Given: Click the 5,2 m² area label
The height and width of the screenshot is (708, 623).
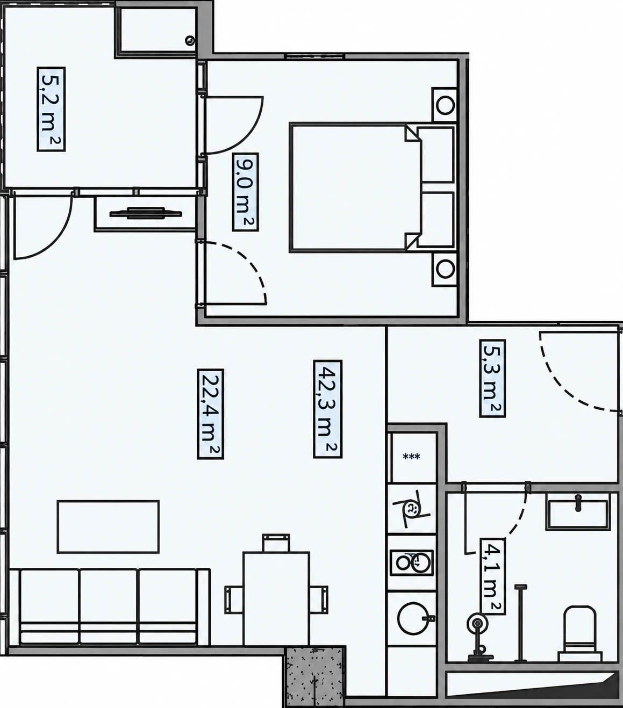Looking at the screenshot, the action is click(x=51, y=109).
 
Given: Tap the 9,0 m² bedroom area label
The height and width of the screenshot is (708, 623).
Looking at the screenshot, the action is click(x=246, y=191).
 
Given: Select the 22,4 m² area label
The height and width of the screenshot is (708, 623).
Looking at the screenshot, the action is click(x=210, y=414).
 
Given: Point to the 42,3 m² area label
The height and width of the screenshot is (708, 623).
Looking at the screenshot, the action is click(x=327, y=409).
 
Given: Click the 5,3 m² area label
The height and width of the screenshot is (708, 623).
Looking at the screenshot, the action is click(x=492, y=378).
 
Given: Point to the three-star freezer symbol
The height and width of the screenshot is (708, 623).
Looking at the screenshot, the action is click(x=411, y=457).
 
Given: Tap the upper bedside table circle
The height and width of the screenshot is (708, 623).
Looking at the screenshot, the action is click(x=445, y=105).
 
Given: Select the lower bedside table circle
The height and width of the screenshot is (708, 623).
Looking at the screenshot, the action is click(x=445, y=270).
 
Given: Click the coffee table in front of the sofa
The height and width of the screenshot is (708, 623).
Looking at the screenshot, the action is click(x=108, y=526).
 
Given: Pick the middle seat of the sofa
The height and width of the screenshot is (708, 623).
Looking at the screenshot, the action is click(x=108, y=606).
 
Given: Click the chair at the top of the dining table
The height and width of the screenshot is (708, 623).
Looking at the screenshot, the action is click(x=276, y=543).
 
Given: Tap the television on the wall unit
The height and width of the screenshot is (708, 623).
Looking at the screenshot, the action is click(x=146, y=213).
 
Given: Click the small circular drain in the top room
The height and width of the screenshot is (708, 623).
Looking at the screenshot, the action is click(x=190, y=41).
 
